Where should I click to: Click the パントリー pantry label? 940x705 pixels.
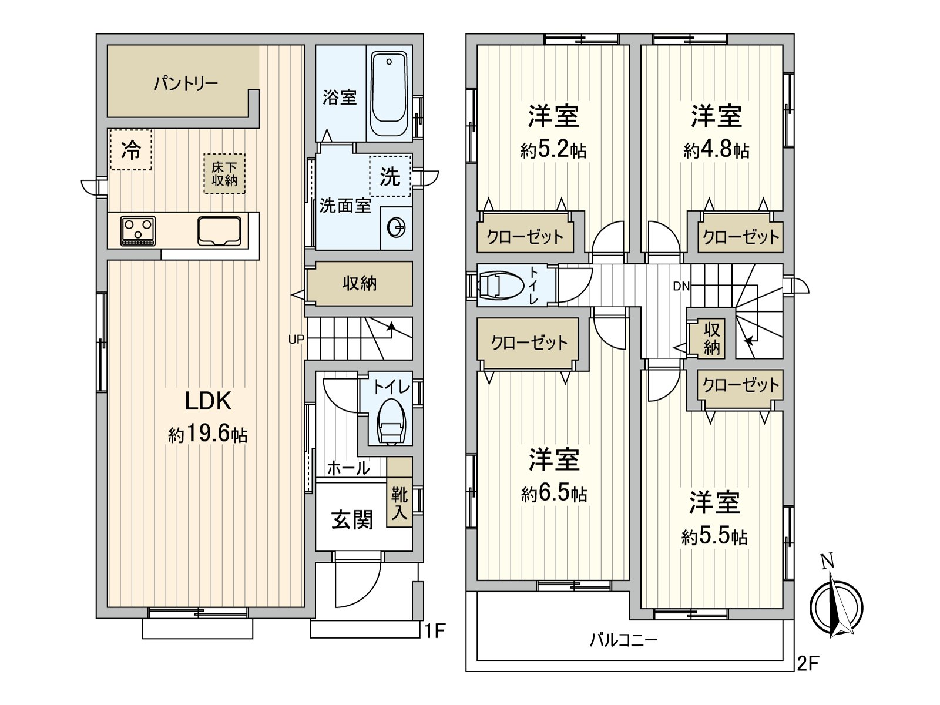[186, 83]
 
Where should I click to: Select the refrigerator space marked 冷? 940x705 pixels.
[130, 149]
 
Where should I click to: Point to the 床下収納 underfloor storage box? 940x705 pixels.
[224, 174]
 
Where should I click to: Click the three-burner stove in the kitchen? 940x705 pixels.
[138, 231]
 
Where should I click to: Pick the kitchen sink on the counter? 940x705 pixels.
[219, 231]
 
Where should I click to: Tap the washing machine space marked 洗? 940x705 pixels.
[390, 176]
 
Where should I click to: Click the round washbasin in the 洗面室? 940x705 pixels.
[396, 228]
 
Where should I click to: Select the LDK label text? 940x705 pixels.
[208, 401]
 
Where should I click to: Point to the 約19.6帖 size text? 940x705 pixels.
[208, 435]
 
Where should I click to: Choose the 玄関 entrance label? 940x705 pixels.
[352, 520]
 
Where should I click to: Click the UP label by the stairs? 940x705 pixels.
[296, 340]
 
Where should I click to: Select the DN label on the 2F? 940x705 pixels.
[681, 286]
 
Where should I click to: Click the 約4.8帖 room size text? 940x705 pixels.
[716, 150]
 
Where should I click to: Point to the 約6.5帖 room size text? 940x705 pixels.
[554, 494]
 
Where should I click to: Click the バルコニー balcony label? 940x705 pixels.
[623, 640]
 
